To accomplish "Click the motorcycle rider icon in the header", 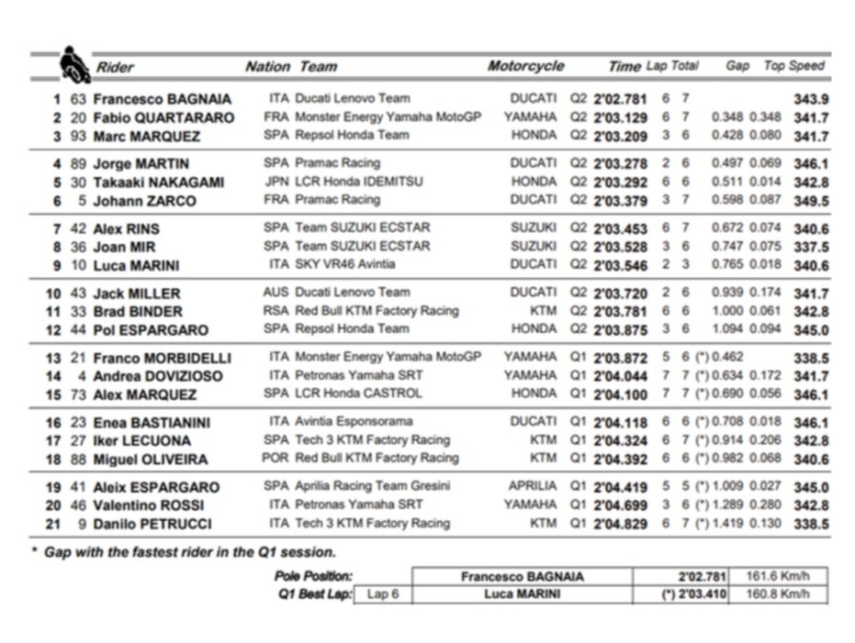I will tap(73, 64).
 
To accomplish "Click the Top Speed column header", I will tap(793, 66).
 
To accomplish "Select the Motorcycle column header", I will tap(526, 67).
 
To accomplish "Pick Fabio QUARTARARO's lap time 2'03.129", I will tap(620, 117).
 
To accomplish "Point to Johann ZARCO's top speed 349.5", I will tap(811, 200).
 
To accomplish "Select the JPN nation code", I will tap(277, 181).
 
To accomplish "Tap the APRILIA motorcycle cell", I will tap(526, 487).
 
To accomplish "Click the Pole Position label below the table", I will tap(314, 576).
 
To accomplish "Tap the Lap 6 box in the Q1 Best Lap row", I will tap(383, 594).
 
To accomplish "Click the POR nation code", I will tap(277, 458).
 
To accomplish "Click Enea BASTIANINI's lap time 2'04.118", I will tap(620, 422).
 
